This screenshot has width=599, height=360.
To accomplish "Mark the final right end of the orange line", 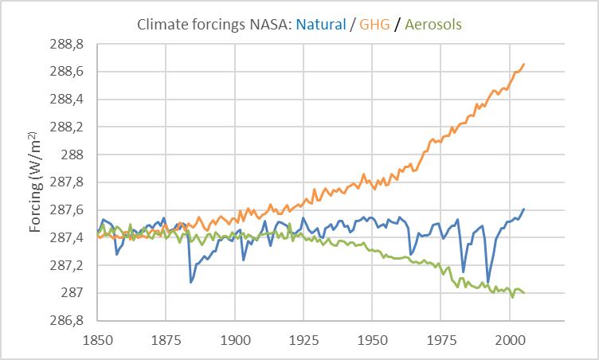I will (x=524, y=64).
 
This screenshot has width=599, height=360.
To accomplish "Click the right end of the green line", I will (x=524, y=292).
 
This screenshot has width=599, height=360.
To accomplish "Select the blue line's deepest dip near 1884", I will (x=191, y=282).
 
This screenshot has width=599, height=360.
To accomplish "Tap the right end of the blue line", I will (x=524, y=209).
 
